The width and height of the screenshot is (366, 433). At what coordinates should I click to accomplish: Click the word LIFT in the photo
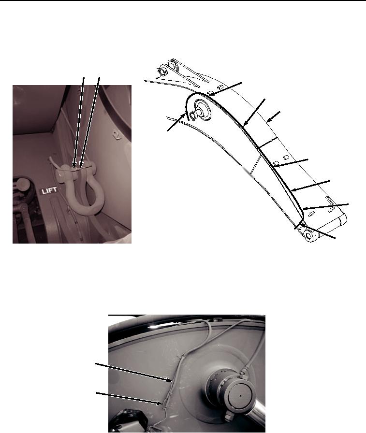[x=49, y=190]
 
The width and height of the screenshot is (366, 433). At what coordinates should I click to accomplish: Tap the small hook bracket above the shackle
[x=116, y=134]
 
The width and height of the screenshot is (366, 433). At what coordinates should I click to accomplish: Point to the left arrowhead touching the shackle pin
[x=74, y=165]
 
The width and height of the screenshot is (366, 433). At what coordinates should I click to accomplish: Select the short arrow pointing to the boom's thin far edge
[x=273, y=116]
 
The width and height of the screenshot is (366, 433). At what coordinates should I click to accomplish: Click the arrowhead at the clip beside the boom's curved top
[x=211, y=94]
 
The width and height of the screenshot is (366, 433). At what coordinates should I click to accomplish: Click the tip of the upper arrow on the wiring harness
[x=172, y=381]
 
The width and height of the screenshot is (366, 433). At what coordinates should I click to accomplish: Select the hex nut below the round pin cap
[x=229, y=416]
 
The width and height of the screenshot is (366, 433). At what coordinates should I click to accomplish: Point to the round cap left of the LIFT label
[x=20, y=183]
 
